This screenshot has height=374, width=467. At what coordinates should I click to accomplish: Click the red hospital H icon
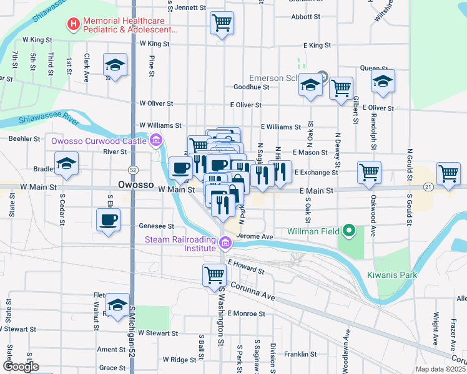(74, 24)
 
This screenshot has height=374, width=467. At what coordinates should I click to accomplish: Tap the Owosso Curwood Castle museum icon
(155, 141)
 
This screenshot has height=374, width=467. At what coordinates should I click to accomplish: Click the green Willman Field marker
(350, 232)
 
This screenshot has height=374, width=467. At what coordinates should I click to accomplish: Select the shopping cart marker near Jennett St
(222, 24)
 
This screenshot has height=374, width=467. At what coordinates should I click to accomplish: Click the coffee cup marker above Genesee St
(108, 219)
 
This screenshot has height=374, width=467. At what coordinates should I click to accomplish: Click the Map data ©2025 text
(440, 369)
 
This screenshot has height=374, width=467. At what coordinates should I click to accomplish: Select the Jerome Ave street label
(256, 237)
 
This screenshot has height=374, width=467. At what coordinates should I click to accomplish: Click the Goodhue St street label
(251, 87)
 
